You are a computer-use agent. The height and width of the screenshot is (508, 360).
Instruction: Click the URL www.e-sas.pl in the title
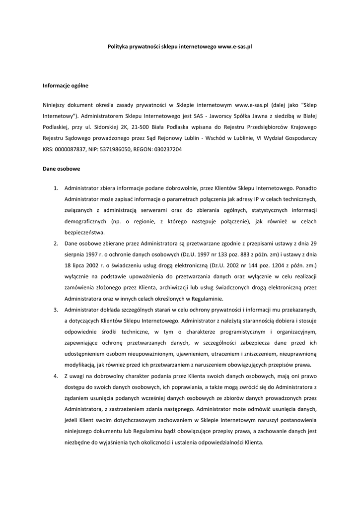pyautogui.click(x=235, y=46)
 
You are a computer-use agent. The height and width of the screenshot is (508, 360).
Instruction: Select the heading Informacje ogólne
pyautogui.click(x=66, y=86)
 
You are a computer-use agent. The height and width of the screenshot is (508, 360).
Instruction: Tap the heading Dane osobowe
pyautogui.click(x=62, y=169)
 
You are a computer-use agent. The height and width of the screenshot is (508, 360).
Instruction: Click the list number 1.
pyautogui.click(x=56, y=188)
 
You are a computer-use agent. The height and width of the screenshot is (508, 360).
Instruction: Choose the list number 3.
pyautogui.click(x=56, y=310)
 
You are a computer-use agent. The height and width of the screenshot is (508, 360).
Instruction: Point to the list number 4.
pyautogui.click(x=56, y=376)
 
